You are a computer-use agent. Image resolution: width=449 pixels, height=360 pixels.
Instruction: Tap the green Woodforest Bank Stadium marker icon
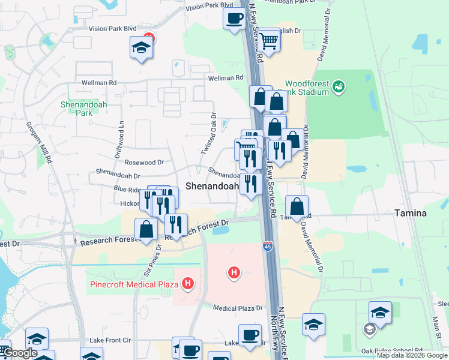click(x=339, y=87)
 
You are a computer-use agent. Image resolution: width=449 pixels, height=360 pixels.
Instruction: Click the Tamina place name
click(x=410, y=213)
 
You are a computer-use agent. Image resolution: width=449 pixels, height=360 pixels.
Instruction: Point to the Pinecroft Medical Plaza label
click(x=135, y=284)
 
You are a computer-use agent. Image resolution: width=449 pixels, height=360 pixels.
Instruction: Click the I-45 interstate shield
click(x=268, y=246)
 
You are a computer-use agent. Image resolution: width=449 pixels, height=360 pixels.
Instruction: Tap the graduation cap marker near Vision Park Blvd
click(x=141, y=47)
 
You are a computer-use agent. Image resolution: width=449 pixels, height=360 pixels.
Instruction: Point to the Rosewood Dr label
click(x=144, y=162)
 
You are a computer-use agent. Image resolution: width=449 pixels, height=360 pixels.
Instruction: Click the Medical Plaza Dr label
click(x=238, y=308)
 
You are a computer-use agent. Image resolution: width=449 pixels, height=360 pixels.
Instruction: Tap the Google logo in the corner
click(x=20, y=353)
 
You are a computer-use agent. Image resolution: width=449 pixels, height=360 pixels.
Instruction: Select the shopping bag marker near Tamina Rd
click(x=297, y=207)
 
